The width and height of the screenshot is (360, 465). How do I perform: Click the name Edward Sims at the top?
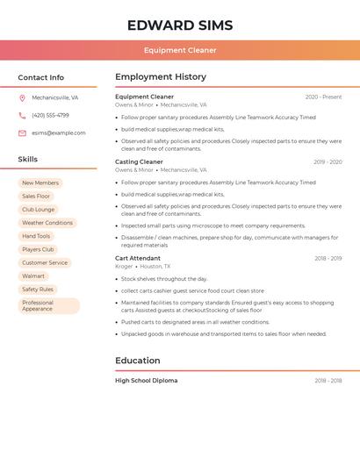[x=180, y=25]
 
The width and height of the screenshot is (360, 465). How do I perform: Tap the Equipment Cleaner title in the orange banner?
[x=180, y=50]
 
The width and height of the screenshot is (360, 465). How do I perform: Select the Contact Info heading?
[x=41, y=77]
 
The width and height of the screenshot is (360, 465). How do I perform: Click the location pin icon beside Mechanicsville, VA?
[x=22, y=98]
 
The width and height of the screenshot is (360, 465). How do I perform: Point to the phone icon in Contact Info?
[x=22, y=116]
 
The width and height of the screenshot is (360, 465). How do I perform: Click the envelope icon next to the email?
[x=22, y=133]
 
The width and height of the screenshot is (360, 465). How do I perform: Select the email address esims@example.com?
[x=59, y=133]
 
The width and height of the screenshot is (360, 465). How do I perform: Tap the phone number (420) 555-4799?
[x=50, y=116]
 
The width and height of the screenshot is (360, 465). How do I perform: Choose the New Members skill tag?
[x=40, y=183]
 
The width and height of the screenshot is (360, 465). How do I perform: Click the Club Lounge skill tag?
[x=38, y=210]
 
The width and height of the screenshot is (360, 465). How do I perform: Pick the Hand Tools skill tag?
[x=36, y=236]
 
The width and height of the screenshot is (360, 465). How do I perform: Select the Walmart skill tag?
[x=33, y=276]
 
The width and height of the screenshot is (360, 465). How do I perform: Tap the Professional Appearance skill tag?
[x=48, y=305]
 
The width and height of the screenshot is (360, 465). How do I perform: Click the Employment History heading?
[x=161, y=77]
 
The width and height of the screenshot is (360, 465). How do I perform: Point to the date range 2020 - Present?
[x=323, y=97]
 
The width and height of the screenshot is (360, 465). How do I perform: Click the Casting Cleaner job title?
[x=139, y=161]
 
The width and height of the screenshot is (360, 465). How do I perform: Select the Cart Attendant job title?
[x=138, y=258]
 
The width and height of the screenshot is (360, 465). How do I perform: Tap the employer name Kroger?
[x=124, y=267]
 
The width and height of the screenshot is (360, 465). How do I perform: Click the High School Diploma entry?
[x=146, y=381]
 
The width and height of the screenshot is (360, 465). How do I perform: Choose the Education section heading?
[x=138, y=361]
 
